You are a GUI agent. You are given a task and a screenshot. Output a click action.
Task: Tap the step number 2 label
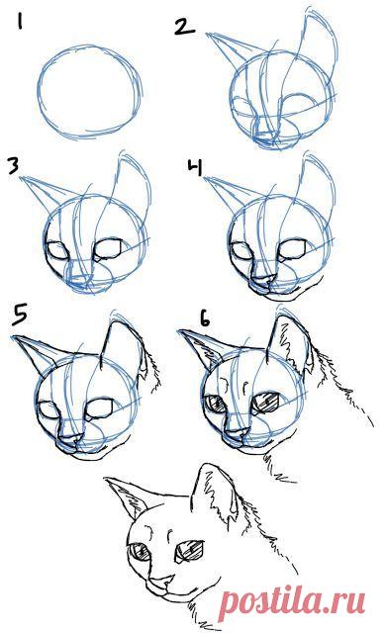[x=183, y=25]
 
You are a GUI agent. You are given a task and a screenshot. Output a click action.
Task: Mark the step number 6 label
[x=205, y=321]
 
